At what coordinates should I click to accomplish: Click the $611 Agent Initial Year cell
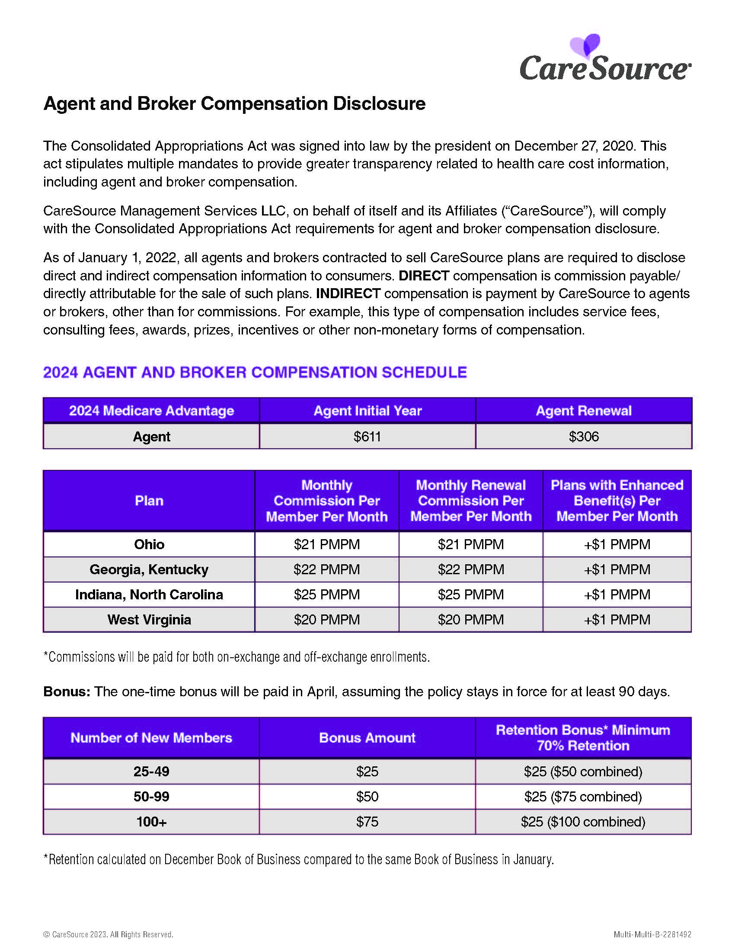click(367, 436)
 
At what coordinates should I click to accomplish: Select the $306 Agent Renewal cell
click(584, 436)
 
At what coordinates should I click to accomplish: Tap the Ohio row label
click(149, 544)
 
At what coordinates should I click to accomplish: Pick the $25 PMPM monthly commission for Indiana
click(326, 595)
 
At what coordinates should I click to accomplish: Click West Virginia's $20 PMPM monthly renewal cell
click(471, 619)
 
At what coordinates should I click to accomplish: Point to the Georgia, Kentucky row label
click(149, 569)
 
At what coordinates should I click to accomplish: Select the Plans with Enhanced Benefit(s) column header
click(617, 500)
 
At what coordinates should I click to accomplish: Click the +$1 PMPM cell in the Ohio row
click(617, 544)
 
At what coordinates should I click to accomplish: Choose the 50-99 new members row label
click(151, 796)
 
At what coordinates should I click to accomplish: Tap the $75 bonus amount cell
click(367, 822)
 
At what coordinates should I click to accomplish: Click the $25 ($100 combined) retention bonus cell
click(583, 822)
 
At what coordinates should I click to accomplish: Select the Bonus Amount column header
click(367, 737)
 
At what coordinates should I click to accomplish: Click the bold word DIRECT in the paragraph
click(424, 276)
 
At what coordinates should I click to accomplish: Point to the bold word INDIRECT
click(348, 293)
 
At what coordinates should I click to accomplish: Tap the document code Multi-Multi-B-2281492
click(652, 935)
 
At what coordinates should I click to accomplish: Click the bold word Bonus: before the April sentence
click(67, 692)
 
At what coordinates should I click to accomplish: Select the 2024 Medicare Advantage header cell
click(151, 411)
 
